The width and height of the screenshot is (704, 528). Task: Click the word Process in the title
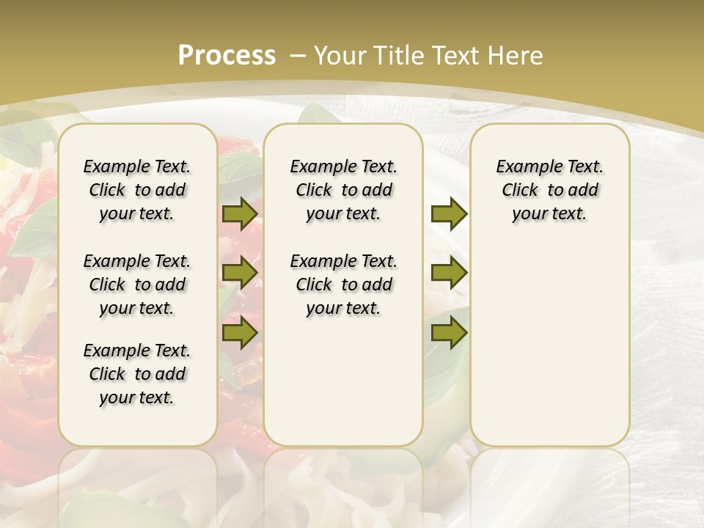(x=227, y=56)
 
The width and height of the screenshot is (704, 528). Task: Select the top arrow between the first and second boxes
(x=240, y=214)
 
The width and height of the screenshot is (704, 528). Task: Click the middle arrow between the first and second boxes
(x=240, y=273)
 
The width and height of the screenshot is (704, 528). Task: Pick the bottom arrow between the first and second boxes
(x=240, y=333)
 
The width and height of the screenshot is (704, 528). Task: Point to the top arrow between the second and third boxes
(x=449, y=214)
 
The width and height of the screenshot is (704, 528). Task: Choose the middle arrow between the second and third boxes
(x=449, y=273)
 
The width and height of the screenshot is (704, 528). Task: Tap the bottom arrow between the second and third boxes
(x=449, y=333)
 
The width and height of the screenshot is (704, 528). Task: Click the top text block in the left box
(x=137, y=190)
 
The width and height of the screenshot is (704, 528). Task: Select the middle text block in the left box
(x=137, y=285)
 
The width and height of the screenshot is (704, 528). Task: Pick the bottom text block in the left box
(x=137, y=374)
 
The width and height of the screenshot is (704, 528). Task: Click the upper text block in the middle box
(x=343, y=190)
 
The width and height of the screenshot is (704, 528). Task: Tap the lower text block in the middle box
(x=343, y=285)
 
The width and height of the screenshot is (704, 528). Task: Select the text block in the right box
(x=550, y=190)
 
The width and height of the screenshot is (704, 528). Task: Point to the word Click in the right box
(x=520, y=191)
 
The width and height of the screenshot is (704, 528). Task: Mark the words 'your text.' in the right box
(x=549, y=214)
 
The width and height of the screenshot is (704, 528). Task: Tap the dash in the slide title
(x=298, y=56)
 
